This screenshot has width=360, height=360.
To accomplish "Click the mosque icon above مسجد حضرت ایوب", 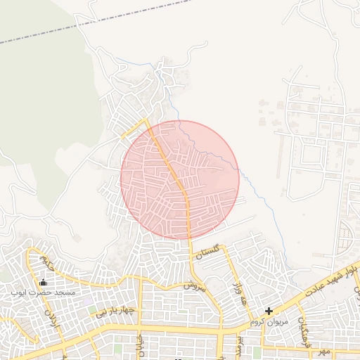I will [44, 283].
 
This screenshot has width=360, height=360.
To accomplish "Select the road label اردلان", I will [51, 319].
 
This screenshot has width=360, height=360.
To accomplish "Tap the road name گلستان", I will [209, 252].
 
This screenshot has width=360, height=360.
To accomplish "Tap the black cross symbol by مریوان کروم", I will [269, 311].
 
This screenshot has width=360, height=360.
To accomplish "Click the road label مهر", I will [323, 349].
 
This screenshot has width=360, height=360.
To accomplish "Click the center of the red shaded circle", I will [180, 180].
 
